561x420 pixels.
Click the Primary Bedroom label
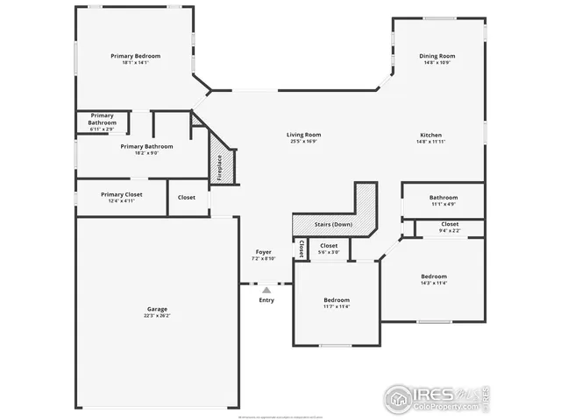click(135, 56)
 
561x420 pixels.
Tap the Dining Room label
click(437, 56)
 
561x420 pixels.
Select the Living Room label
click(303, 135)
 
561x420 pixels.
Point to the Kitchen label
click(430, 135)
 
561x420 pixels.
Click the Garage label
click(157, 309)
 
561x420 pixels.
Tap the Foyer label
click(263, 252)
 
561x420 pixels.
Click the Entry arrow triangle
click(266, 290)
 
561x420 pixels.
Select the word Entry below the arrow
click(266, 300)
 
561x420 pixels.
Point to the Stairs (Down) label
click(333, 225)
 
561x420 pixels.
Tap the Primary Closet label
click(121, 194)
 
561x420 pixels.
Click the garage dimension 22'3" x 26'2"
click(157, 315)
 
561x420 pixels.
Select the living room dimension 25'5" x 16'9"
click(303, 141)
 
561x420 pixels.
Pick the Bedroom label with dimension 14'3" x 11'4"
click(433, 276)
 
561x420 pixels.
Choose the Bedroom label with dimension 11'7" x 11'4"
click(336, 300)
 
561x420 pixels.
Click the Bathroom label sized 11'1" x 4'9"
click(443, 198)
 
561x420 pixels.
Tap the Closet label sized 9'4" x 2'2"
click(450, 224)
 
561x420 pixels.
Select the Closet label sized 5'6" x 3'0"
click(329, 246)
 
